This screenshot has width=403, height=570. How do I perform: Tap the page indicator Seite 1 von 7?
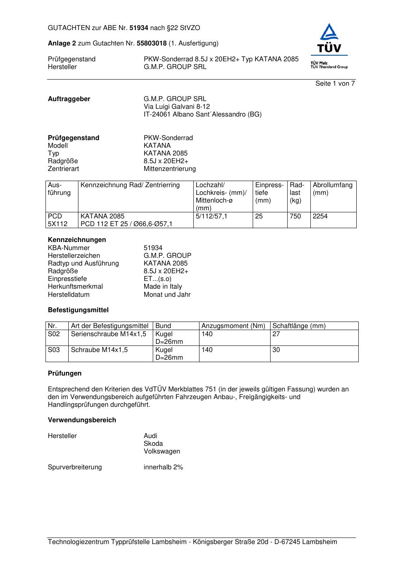[335, 84]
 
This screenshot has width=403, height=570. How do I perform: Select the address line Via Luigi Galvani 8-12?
[177, 107]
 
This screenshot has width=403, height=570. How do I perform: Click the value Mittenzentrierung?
[169, 169]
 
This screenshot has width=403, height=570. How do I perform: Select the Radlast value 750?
[295, 216]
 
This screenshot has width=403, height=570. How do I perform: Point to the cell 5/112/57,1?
[211, 216]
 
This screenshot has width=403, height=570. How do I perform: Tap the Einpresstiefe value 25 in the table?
[259, 216]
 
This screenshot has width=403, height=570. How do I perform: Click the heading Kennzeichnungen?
[77, 240]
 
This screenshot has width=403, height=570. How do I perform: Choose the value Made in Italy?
[162, 287]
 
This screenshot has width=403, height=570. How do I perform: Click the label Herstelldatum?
[69, 295]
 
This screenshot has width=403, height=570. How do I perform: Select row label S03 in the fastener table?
[54, 350]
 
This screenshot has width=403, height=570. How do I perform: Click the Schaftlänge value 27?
[276, 334]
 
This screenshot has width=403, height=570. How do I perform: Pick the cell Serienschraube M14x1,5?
[108, 334]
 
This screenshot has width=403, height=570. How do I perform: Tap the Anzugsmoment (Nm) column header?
[233, 326]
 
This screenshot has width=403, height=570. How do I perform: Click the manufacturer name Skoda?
[153, 444]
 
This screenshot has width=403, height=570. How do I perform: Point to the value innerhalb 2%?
[163, 467]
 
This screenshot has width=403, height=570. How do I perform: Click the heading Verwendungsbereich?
[82, 420]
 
